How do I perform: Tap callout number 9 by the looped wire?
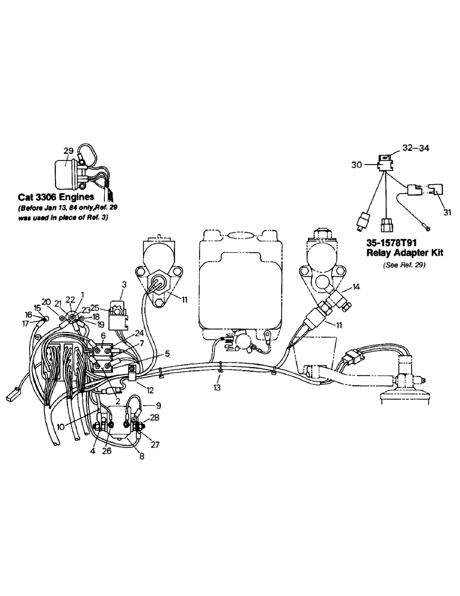pos(158,406)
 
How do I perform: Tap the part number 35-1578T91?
pos(387,244)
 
